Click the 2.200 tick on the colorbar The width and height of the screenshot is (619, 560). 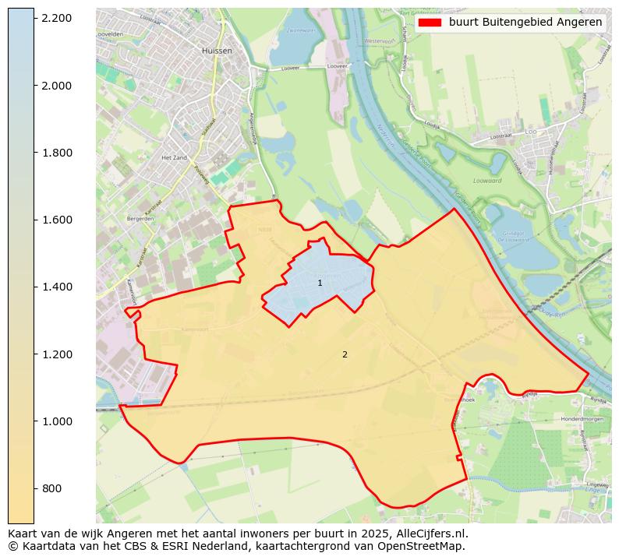56,18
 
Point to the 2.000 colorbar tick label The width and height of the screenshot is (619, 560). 56,85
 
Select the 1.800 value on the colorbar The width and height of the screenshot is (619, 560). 56,153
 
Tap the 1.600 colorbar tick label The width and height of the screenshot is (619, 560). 56,220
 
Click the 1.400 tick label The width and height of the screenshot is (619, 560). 56,287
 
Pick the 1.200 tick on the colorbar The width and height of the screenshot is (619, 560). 56,354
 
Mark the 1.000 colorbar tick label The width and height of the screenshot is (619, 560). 56,421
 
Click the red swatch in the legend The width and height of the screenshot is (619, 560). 430,23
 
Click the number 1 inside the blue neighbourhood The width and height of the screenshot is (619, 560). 320,283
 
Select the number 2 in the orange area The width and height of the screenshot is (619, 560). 345,354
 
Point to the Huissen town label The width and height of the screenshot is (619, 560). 217,51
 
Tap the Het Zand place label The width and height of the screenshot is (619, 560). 171,157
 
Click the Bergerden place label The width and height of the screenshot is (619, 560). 140,219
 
